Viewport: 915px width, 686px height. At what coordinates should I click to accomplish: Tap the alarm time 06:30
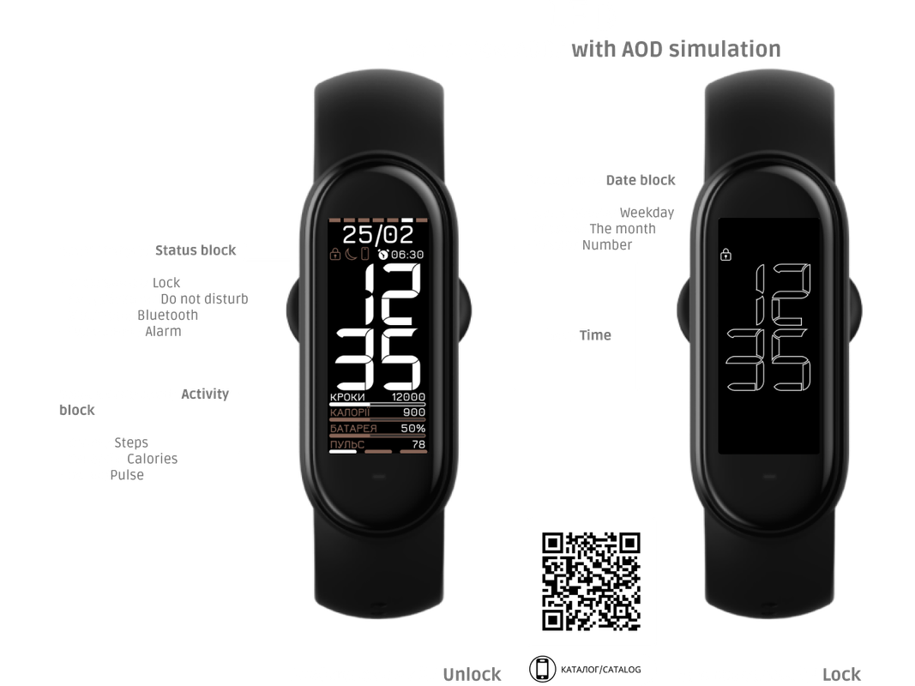tap(407, 255)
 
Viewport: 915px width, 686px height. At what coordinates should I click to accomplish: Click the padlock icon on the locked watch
tap(725, 254)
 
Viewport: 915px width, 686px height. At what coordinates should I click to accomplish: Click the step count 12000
tap(407, 398)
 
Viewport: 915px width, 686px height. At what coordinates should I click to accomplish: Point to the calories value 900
tap(413, 412)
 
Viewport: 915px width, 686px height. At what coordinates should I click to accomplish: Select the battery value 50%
tap(412, 428)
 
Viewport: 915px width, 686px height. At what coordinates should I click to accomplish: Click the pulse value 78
tap(418, 444)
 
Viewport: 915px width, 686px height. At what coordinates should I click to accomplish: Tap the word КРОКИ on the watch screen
tap(347, 398)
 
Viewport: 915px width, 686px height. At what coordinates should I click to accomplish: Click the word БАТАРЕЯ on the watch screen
tap(354, 428)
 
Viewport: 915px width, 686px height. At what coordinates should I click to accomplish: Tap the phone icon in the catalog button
tap(542, 668)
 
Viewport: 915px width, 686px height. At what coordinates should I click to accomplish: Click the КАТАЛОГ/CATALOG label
tap(600, 668)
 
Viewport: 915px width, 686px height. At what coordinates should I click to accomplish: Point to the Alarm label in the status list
tap(163, 331)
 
